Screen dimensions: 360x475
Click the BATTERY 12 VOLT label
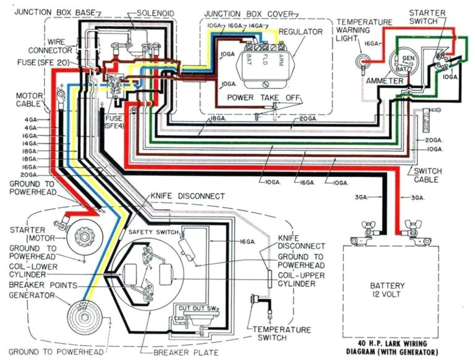pyautogui.click(x=387, y=291)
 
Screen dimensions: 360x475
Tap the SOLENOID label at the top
pyautogui.click(x=155, y=12)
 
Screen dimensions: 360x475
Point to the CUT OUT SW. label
pyautogui.click(x=196, y=307)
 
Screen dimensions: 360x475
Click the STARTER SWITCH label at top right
pyautogui.click(x=433, y=17)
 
